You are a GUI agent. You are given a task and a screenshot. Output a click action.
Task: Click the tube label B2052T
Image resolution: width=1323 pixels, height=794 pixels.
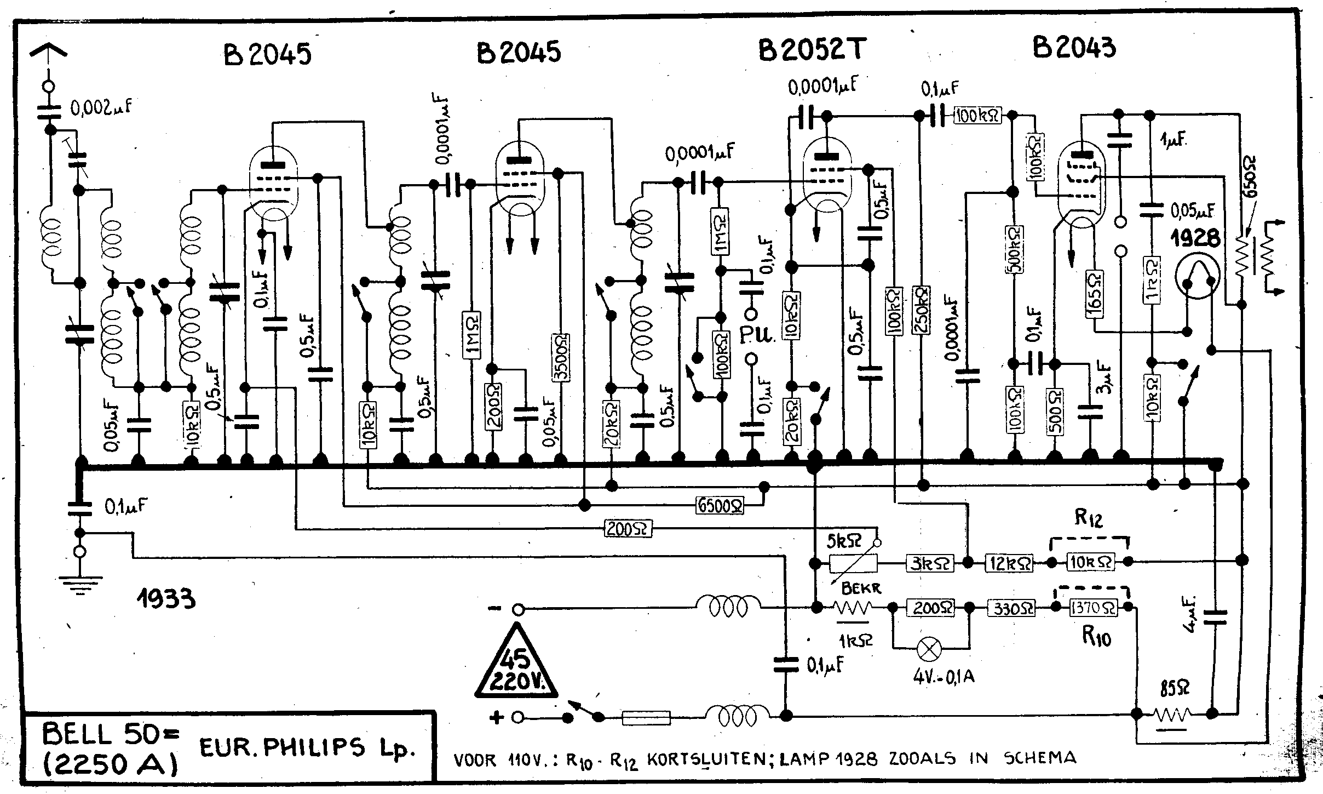click(x=812, y=50)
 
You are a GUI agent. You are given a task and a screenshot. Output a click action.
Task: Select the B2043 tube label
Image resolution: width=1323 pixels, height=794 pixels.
click(x=1073, y=48)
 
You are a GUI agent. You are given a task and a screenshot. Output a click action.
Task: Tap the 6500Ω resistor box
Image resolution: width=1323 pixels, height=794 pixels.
click(x=720, y=505)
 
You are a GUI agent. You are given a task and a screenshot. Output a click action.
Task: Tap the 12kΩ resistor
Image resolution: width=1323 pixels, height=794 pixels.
click(x=1009, y=563)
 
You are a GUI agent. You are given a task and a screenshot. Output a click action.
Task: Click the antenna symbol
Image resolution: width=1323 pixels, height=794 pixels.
click(x=49, y=52)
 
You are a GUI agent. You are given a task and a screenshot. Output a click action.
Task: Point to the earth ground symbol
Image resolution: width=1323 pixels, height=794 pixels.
click(x=80, y=584)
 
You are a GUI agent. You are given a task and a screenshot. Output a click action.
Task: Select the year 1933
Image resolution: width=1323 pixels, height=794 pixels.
click(x=166, y=599)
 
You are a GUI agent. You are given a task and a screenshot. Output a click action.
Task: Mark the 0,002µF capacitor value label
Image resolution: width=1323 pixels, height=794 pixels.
click(x=102, y=107)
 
